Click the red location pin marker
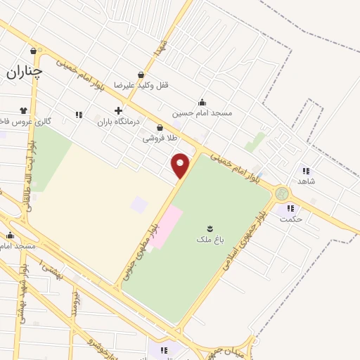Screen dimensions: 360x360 point(181,166)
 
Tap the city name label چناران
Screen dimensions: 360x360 point(25,71)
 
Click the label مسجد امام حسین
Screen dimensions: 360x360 point(202,112)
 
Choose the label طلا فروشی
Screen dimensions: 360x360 point(158,139)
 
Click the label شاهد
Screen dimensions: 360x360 point(306,181)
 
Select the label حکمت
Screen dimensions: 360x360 point(290,219)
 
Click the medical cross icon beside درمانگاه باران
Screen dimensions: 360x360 point(118,110)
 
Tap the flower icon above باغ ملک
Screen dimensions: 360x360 point(209,228)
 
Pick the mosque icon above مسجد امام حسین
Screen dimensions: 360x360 point(202,102)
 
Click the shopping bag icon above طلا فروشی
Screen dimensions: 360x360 point(160,128)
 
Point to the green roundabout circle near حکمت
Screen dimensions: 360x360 point(282,193)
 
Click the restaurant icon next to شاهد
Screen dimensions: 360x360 point(306,170)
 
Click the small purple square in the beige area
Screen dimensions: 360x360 point(140,205)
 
